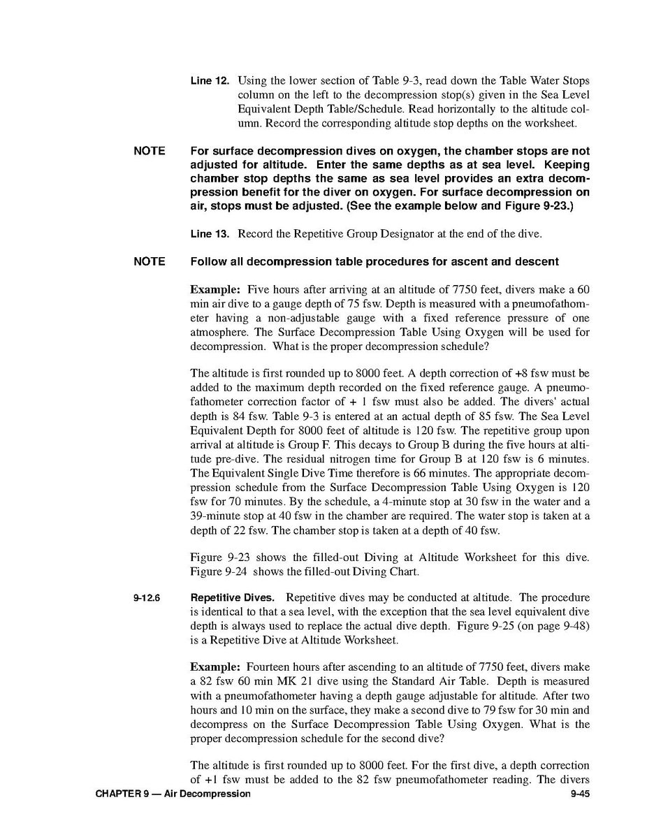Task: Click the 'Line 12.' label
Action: (210, 81)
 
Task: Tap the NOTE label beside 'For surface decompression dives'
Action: (150, 151)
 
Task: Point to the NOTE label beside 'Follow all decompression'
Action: (150, 261)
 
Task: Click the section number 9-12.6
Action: (147, 599)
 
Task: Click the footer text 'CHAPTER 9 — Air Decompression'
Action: (173, 794)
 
